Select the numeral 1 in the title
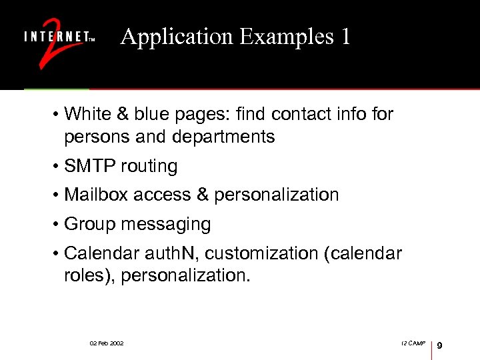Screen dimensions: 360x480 click(x=345, y=37)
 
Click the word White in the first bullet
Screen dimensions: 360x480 click(x=86, y=114)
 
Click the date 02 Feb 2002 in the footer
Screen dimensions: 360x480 click(x=107, y=343)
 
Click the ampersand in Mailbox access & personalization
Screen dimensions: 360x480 click(x=203, y=195)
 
